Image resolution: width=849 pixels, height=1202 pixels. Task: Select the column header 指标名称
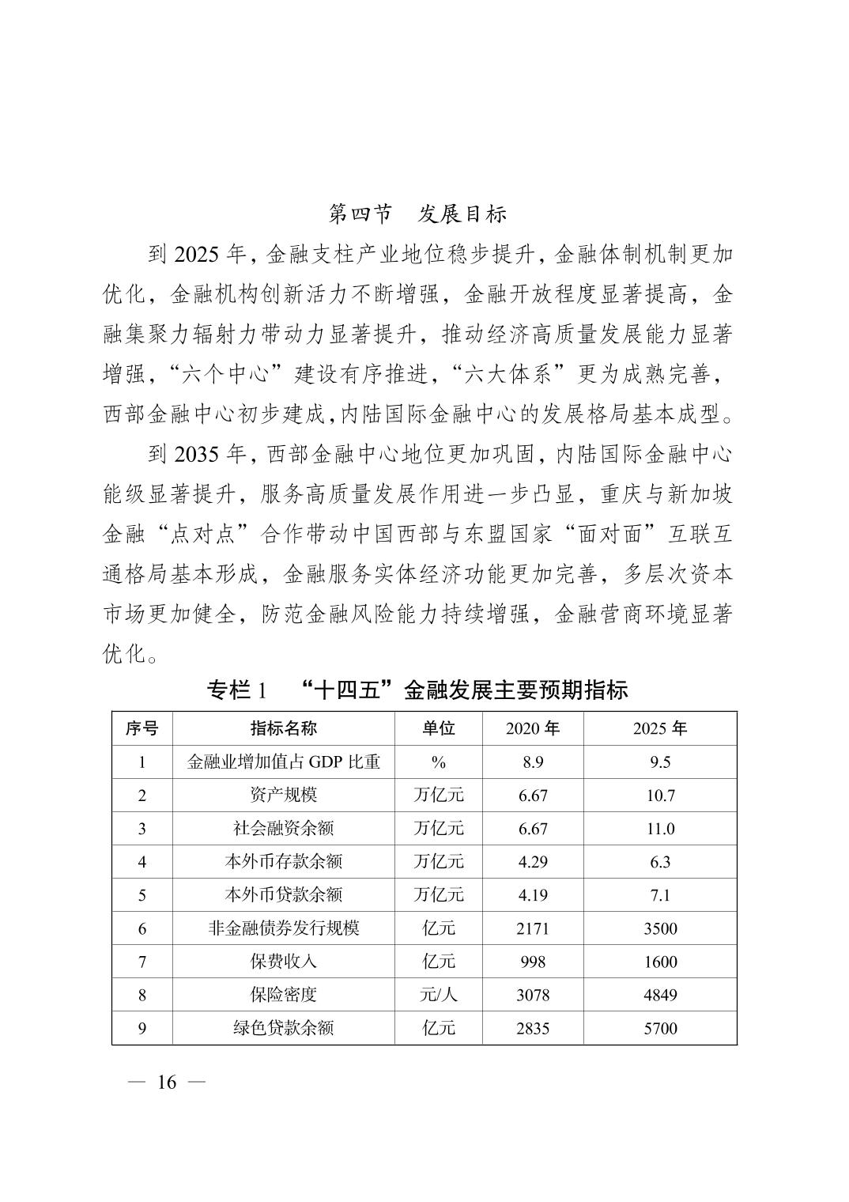coord(283,728)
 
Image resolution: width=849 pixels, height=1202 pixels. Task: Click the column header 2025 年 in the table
coord(659,728)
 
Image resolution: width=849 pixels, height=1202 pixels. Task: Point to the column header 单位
coord(438,728)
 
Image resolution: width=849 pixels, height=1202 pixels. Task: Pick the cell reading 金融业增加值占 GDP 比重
coord(283,762)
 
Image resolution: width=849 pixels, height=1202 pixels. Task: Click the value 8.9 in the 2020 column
coord(533,762)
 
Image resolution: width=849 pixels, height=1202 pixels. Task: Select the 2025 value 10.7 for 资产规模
coord(659,796)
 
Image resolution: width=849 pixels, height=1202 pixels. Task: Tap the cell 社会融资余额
coord(283,829)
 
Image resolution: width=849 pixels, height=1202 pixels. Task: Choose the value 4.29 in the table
coord(533,862)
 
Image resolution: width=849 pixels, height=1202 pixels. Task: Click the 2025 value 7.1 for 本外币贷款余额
coord(659,895)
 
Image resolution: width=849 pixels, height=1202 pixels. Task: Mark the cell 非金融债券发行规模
coord(283,928)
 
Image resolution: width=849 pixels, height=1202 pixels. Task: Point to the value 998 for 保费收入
coord(533,962)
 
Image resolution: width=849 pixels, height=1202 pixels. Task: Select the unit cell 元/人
coord(438,995)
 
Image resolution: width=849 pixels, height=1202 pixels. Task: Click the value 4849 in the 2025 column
coord(659,995)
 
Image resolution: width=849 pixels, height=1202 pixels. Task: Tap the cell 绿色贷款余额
coord(283,1028)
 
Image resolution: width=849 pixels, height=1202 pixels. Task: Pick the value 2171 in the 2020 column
coord(533,928)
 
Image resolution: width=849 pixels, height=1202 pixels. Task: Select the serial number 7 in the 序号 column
coord(142,962)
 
